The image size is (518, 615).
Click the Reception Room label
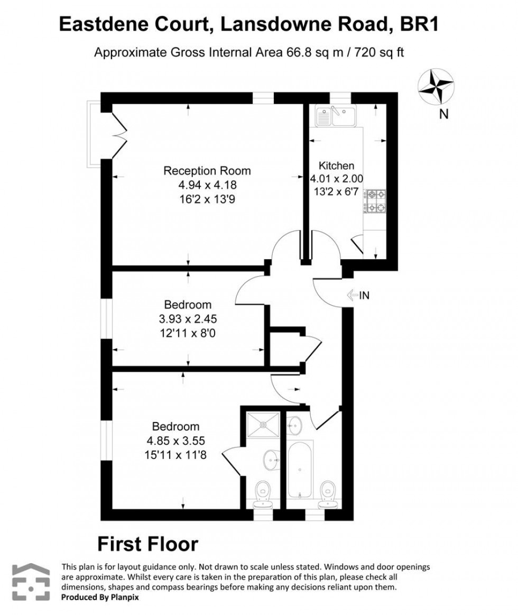point(207,171)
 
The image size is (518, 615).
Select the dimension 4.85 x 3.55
point(176,440)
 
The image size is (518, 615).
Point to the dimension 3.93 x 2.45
point(188,319)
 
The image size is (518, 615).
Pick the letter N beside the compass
point(443,114)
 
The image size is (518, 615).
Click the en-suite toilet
point(263,493)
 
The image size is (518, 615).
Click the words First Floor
point(148,544)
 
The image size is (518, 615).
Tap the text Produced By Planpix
point(100,596)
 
